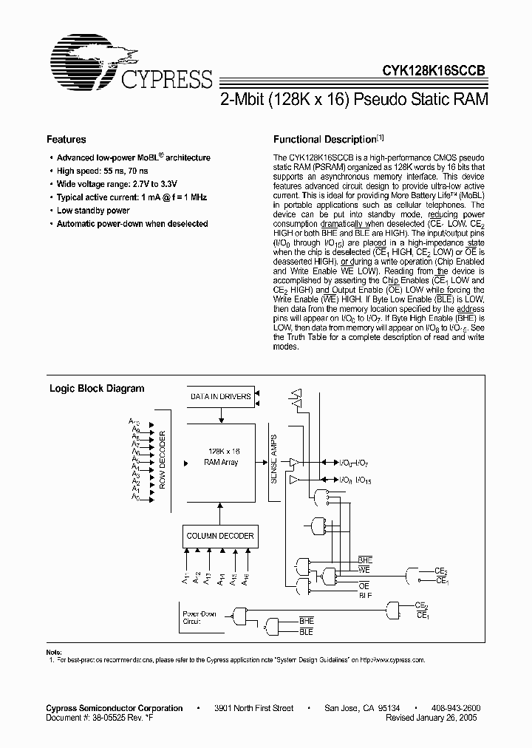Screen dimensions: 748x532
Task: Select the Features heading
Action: [66, 140]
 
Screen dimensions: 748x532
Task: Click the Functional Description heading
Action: [325, 140]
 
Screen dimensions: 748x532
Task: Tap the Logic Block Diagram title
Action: [97, 389]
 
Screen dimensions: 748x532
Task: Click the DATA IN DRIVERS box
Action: [221, 397]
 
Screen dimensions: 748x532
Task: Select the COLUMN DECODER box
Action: [220, 537]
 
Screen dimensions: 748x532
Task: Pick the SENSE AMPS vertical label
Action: [273, 459]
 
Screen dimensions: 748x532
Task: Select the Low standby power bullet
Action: [93, 211]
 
